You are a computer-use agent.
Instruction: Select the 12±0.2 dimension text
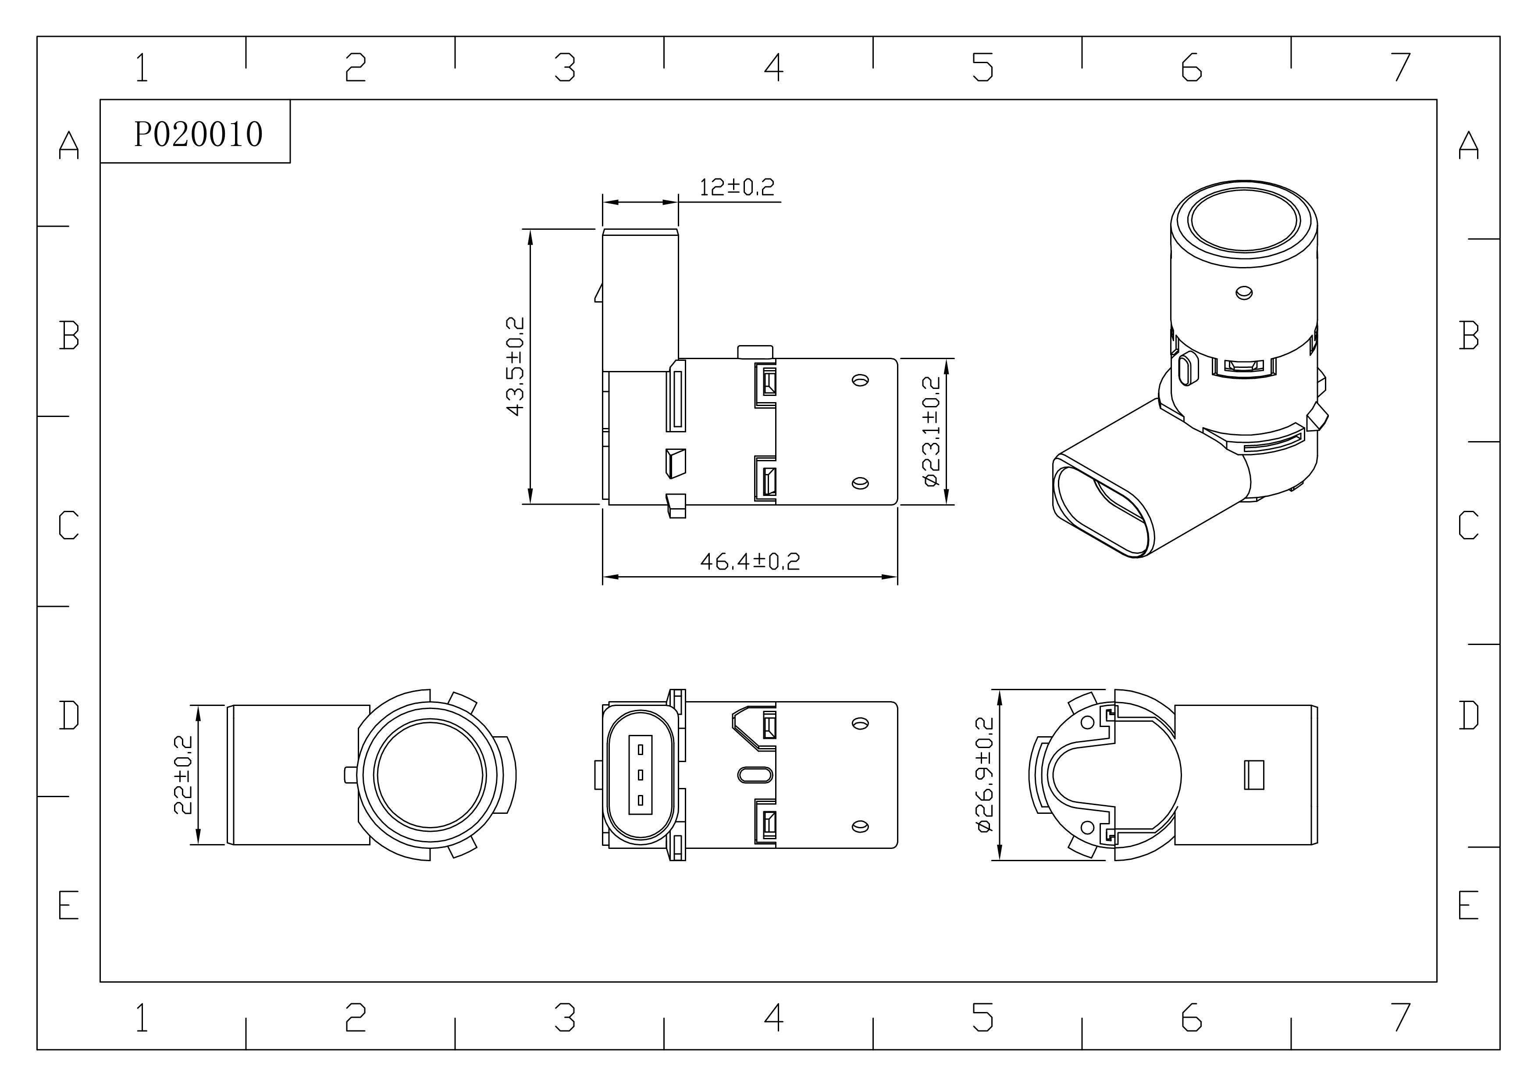coord(737,187)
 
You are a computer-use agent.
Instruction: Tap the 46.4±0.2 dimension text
coord(750,561)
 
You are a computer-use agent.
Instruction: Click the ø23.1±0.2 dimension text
coord(931,431)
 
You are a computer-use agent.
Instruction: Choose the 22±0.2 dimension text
coord(183,775)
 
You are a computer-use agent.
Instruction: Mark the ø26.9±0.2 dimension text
coord(985,775)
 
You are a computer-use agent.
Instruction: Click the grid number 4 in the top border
coord(774,67)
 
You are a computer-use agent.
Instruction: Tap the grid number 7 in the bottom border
coord(1401,1017)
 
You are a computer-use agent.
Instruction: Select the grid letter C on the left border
coord(69,525)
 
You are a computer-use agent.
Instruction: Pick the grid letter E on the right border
coord(1468,905)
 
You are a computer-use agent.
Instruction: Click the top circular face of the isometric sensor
coord(1244,221)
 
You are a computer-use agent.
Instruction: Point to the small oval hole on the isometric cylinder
coord(1244,292)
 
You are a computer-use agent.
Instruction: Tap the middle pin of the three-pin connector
coord(641,775)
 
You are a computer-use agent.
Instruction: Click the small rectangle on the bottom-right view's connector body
coord(1254,775)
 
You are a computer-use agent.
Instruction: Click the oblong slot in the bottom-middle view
coord(755,775)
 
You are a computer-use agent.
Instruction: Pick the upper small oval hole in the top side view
coord(860,381)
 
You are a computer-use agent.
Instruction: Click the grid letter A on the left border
coord(69,145)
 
